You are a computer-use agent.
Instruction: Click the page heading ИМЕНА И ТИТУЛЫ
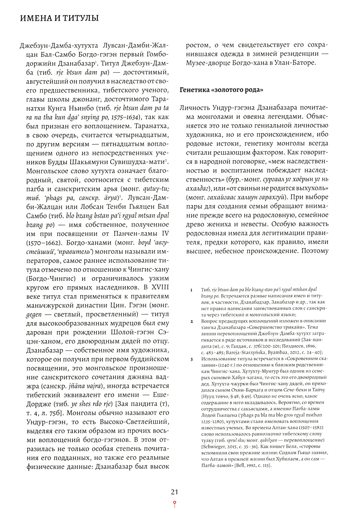(59, 18)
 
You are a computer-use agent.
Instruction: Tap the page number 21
(174, 492)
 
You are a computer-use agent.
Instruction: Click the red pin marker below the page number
(174, 503)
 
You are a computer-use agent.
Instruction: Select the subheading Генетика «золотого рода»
(221, 90)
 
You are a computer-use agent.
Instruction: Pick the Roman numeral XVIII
(160, 287)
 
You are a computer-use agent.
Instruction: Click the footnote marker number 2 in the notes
(192, 321)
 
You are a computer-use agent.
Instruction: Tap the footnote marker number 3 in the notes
(192, 359)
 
